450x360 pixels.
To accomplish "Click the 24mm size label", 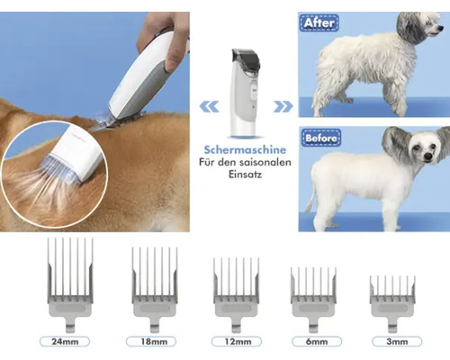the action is click(x=65, y=341).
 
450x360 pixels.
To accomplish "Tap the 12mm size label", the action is click(x=237, y=341).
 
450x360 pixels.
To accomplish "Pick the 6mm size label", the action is click(x=317, y=341).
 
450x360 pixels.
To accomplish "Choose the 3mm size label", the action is click(x=397, y=341).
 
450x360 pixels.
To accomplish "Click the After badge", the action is click(x=319, y=22).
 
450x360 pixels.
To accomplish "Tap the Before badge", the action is click(x=321, y=138).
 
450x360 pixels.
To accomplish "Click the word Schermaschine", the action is click(x=245, y=149).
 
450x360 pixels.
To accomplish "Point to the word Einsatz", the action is click(x=245, y=175).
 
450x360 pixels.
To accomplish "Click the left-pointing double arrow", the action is click(x=209, y=106).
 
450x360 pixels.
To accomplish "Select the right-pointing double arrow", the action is click(x=283, y=106).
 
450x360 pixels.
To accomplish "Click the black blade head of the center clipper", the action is click(x=246, y=58).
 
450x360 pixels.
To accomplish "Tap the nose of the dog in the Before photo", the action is click(x=428, y=157).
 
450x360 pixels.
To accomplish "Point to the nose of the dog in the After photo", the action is click(x=441, y=28).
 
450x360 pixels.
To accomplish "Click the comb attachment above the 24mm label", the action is click(x=70, y=285).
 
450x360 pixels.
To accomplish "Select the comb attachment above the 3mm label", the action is click(x=392, y=304).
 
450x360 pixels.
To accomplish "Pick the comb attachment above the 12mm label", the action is click(x=237, y=295).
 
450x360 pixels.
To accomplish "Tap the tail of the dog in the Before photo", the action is click(x=311, y=198).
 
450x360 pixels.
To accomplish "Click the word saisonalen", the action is click(x=265, y=162).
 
